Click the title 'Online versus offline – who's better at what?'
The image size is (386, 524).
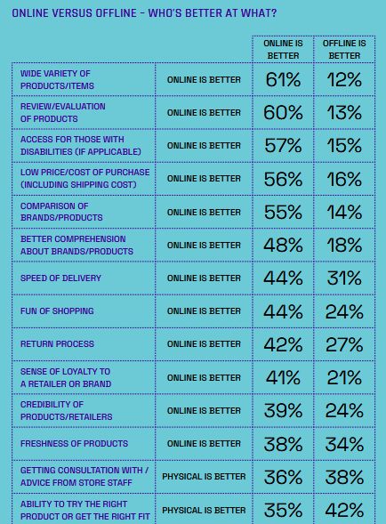pos(144,13)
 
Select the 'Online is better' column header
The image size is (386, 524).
pos(283,50)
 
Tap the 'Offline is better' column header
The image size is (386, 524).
pos(344,50)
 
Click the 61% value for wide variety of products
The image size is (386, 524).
pos(283,80)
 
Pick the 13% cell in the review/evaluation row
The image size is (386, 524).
pos(344,113)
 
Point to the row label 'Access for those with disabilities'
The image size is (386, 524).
pos(81,145)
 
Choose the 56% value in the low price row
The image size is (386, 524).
pos(283,179)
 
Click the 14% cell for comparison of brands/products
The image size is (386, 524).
pos(344,213)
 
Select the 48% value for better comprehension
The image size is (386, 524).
pos(283,245)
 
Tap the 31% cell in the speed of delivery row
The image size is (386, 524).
pos(344,278)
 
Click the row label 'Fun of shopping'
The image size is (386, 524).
pos(57,311)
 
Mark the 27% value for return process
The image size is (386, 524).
pos(344,344)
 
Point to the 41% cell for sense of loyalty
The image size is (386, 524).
pos(283,377)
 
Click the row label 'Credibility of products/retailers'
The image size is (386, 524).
pos(66,411)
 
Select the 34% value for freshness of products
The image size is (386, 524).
pos(344,444)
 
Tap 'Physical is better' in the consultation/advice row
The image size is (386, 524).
pos(204,477)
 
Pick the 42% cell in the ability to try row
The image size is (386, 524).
pos(344,511)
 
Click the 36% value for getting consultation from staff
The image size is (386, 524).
pos(283,477)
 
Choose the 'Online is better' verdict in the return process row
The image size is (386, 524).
pos(204,344)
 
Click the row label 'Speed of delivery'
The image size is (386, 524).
pos(60,278)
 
